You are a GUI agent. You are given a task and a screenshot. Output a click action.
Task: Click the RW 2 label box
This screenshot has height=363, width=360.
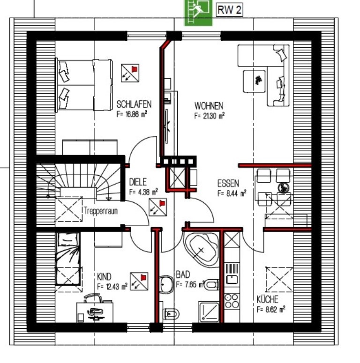tap(229, 10)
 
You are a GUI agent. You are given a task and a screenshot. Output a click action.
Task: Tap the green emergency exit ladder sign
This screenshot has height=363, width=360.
tap(198, 12)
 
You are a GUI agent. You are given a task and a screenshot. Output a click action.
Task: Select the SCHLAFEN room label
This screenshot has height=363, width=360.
tap(134, 104)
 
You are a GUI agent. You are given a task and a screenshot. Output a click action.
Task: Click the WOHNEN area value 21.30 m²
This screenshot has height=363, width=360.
tap(210, 116)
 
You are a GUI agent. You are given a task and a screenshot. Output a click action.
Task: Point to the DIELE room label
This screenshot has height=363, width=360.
tap(138, 182)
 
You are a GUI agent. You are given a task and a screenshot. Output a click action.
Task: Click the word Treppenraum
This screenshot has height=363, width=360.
tap(101, 211)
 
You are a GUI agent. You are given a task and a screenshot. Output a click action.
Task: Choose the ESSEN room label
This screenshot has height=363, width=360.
tap(228, 184)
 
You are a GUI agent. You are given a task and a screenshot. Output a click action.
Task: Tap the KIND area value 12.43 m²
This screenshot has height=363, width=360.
tap(112, 287)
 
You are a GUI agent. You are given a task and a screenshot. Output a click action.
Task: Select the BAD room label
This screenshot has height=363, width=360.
tap(183, 274)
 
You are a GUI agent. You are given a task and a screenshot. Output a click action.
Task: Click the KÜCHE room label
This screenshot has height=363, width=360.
tap(267, 299)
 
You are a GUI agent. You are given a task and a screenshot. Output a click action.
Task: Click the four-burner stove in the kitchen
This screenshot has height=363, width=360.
tap(232, 301)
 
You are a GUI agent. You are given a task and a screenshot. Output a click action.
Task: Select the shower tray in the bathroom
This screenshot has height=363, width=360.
tap(209, 311)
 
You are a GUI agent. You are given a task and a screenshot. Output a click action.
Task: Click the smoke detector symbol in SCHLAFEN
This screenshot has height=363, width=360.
tap(130, 73)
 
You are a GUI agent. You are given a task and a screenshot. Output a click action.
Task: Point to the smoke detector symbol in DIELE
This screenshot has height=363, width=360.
tap(158, 207)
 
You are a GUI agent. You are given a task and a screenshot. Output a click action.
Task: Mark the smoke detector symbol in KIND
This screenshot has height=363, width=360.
tap(139, 282)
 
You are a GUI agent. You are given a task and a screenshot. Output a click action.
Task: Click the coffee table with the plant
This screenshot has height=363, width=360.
tap(255, 81)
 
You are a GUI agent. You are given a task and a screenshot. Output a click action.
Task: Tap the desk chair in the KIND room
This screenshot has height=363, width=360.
tap(93, 298)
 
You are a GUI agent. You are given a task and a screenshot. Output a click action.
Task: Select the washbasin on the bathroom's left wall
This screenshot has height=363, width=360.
tap(166, 284)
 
